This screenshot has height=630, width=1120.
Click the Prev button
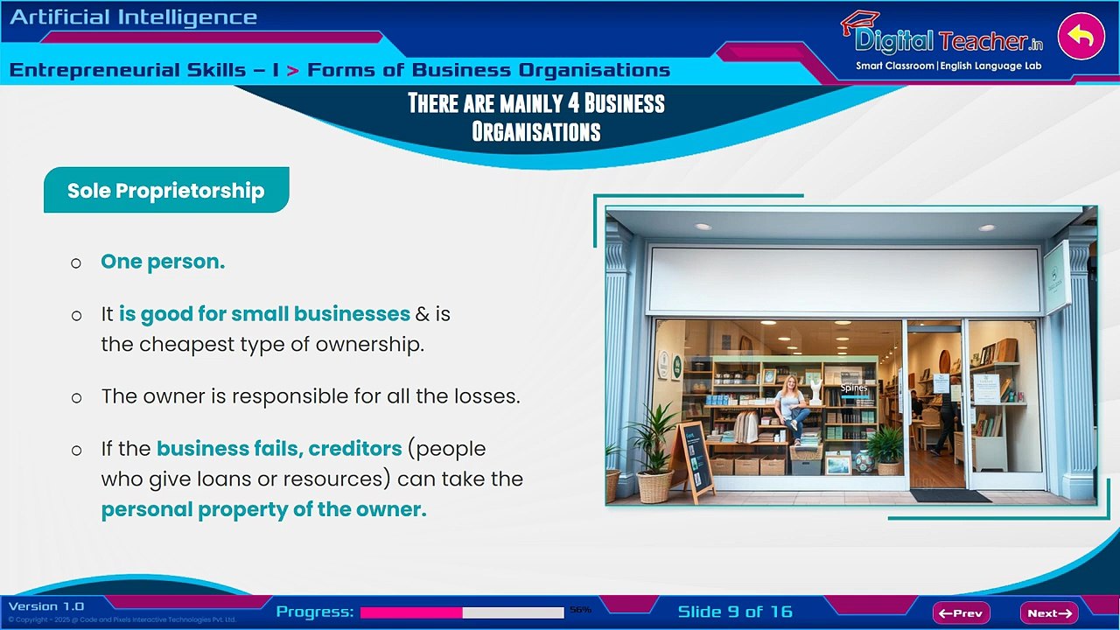coord(961,613)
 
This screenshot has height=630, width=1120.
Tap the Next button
coord(1048,613)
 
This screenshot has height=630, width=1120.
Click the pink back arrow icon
coord(1081,37)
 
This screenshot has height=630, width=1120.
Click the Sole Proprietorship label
coord(166,191)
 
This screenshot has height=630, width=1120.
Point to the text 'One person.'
coord(163,262)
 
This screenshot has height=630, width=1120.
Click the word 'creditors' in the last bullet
coord(355,449)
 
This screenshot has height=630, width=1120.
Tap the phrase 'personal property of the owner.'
coord(263,510)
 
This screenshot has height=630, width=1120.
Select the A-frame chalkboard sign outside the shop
coord(694,461)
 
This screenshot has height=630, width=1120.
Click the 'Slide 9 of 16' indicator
coord(735,612)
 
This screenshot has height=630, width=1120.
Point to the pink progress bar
coord(411,612)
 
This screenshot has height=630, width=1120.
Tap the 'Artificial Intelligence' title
coord(134,17)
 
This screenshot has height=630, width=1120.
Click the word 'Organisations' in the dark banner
coord(535,132)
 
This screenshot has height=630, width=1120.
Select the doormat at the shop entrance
coord(950,495)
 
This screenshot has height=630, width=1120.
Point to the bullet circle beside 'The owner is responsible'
coord(77,398)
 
